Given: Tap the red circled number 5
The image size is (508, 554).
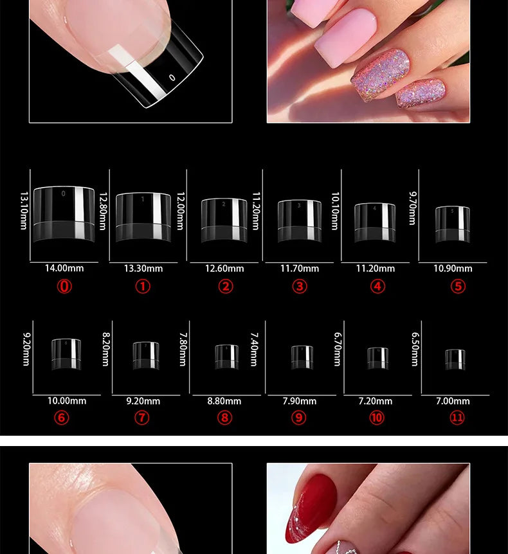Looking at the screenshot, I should [x=458, y=286].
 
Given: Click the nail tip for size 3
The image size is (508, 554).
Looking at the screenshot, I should [x=299, y=221].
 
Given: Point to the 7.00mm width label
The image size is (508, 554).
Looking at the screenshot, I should [x=453, y=401].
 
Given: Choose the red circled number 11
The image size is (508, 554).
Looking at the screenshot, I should [x=457, y=418].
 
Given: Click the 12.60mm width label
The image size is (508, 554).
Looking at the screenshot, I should [x=224, y=269].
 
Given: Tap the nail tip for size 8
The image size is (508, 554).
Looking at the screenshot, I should [x=226, y=357].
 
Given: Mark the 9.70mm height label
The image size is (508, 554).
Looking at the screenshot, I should [x=412, y=207].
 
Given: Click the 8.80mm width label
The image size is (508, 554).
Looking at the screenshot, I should [x=224, y=401].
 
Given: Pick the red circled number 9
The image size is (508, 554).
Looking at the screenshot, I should [x=299, y=418].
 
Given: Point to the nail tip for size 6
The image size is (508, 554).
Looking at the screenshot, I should [x=66, y=354].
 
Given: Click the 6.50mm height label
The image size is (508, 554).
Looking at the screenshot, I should [x=415, y=349].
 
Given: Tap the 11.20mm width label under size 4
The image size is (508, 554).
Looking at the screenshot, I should [x=376, y=269].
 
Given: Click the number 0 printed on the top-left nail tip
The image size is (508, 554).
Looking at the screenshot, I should [x=172, y=77].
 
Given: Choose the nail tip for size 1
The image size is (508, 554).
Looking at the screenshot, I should [x=143, y=217].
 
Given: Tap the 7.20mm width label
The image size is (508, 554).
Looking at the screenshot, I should [x=376, y=401].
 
